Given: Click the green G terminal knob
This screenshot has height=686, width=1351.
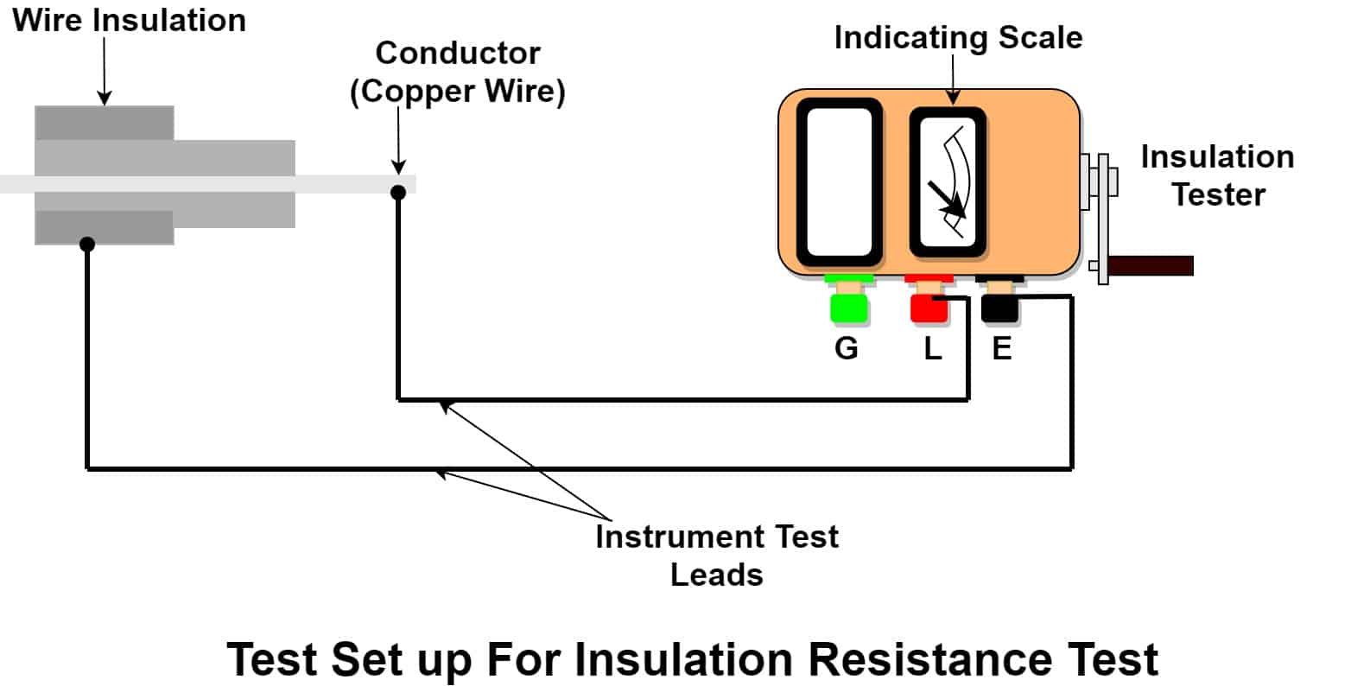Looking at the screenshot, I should tap(847, 308).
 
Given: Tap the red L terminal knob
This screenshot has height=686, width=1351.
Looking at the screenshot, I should tap(928, 308).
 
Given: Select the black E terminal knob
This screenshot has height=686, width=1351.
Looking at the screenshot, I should tap(999, 308).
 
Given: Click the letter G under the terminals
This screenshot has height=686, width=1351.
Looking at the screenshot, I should tap(847, 349).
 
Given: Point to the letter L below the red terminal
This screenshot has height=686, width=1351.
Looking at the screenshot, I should tap(933, 349).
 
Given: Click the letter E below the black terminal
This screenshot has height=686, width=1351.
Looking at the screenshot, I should tap(1002, 349).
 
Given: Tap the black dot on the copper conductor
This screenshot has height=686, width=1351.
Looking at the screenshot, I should tap(398, 192).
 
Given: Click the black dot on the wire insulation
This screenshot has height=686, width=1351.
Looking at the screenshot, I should tap(86, 245).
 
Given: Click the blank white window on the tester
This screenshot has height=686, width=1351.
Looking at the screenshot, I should tap(839, 181).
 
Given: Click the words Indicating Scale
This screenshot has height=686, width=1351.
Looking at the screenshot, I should tap(958, 38).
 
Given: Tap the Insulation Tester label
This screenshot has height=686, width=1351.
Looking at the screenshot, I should tap(1217, 175).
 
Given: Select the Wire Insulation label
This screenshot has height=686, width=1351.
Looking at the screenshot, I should tap(130, 20).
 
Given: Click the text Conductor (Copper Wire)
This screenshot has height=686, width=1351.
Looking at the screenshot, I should tap(458, 73).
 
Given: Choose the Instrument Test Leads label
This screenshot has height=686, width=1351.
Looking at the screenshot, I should tap(717, 555).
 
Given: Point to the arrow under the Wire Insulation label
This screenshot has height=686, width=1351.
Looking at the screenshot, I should tap(104, 69).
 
